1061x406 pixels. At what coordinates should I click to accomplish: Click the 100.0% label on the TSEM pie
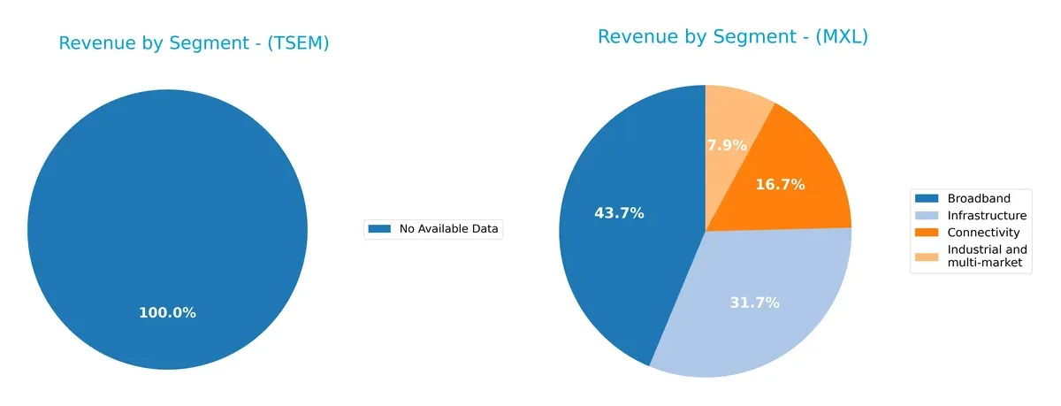click(x=167, y=313)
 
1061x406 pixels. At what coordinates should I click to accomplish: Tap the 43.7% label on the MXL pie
click(x=619, y=213)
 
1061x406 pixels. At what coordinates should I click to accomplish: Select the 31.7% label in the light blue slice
click(x=754, y=303)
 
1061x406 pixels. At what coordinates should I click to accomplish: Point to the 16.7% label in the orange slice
click(x=780, y=184)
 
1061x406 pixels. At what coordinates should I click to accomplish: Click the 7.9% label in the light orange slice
click(x=727, y=144)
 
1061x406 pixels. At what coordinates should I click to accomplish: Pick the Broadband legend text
click(x=978, y=198)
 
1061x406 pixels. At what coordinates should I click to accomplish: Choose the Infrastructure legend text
click(x=987, y=215)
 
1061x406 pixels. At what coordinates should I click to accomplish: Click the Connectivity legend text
click(x=983, y=233)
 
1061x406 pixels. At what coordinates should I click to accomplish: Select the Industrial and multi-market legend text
click(x=984, y=257)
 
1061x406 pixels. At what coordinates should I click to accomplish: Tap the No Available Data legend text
click(x=448, y=229)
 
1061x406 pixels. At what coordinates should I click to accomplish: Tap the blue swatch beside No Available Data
click(x=379, y=229)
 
